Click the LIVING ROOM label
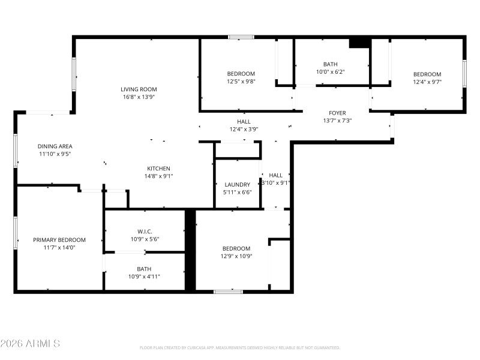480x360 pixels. point(139,89)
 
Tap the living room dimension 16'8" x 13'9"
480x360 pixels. point(139,97)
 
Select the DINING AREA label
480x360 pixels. point(55,146)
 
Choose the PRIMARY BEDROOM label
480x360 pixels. point(59,239)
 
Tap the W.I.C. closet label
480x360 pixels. point(145,232)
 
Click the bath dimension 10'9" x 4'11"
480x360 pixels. point(144,277)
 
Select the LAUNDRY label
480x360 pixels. point(238,184)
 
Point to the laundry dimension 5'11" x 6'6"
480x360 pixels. point(238,192)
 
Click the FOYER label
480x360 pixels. point(337,113)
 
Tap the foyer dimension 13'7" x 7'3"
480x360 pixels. point(337,121)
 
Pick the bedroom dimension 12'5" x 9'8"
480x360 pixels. point(241,82)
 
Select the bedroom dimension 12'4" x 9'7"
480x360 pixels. point(427,82)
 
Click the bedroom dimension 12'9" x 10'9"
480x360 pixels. point(236,256)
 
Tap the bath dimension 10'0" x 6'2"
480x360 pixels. point(330,72)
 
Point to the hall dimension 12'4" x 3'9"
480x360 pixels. point(244,129)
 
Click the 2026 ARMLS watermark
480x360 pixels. point(30,344)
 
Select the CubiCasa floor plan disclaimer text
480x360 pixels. point(240,348)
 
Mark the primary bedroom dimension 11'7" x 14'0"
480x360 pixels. point(59,247)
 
